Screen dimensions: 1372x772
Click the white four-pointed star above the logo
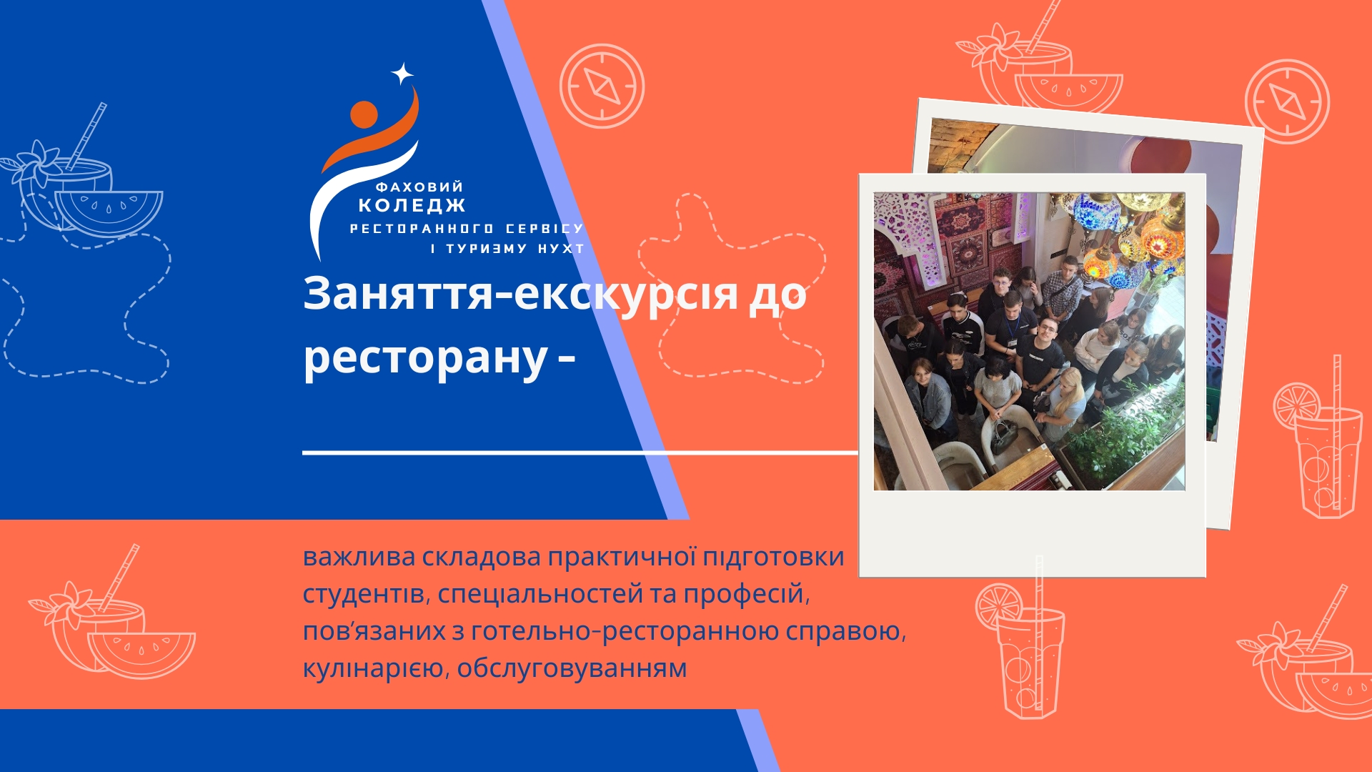tap(402, 74)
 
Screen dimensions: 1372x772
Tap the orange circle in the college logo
tap(364, 115)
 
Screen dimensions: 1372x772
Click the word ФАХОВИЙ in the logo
tap(419, 187)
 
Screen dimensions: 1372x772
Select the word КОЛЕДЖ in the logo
tap(412, 206)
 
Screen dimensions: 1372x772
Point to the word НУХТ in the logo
tap(561, 249)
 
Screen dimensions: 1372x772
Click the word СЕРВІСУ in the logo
tap(545, 229)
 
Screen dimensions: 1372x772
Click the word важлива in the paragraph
tap(359, 557)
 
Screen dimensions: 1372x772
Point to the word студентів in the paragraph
tap(364, 595)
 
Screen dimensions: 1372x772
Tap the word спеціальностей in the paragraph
tap(541, 595)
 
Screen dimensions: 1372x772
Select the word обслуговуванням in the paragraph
tap(572, 669)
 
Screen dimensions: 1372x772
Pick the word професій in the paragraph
tap(746, 595)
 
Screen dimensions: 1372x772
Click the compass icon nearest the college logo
tap(602, 86)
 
